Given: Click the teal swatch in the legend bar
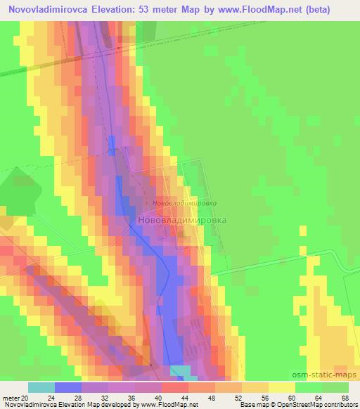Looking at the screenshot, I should click(x=41, y=387).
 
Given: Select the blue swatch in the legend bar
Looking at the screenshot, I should click(x=68, y=387).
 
